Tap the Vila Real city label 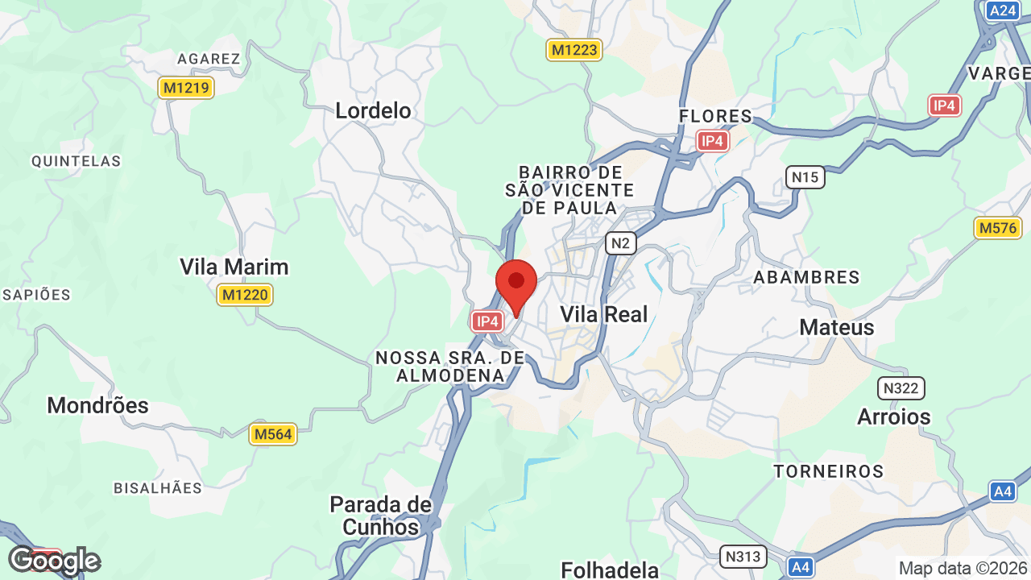[x=603, y=314]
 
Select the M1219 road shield [x=186, y=88]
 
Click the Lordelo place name [x=373, y=110]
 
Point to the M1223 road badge [x=574, y=50]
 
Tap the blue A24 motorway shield [x=1002, y=10]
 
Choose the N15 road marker [x=805, y=177]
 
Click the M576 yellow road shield [x=998, y=228]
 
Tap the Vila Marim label [x=234, y=267]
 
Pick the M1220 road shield [x=245, y=295]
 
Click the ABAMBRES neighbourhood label [x=806, y=277]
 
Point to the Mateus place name [x=836, y=327]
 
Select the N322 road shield [x=901, y=388]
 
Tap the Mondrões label [x=97, y=405]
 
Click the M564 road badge [x=272, y=435]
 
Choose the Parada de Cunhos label [x=380, y=516]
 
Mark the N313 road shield [x=742, y=556]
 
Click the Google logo [x=53, y=561]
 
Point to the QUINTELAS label [x=76, y=161]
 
